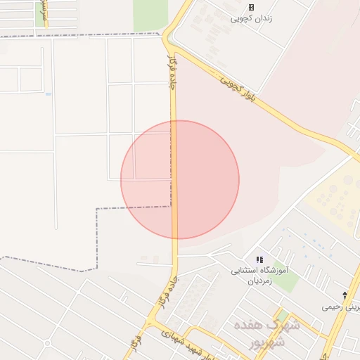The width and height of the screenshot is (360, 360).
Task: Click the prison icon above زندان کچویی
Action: [x=251, y=7]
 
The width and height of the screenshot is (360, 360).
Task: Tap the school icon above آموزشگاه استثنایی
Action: [x=259, y=259]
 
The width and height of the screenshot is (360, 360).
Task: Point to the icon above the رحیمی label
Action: [x=345, y=295]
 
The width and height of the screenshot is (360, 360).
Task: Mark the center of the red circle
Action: [x=180, y=179]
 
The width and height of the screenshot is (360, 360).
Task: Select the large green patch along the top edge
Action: [x=150, y=14]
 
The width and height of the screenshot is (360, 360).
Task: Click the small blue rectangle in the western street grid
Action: [x=48, y=94]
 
